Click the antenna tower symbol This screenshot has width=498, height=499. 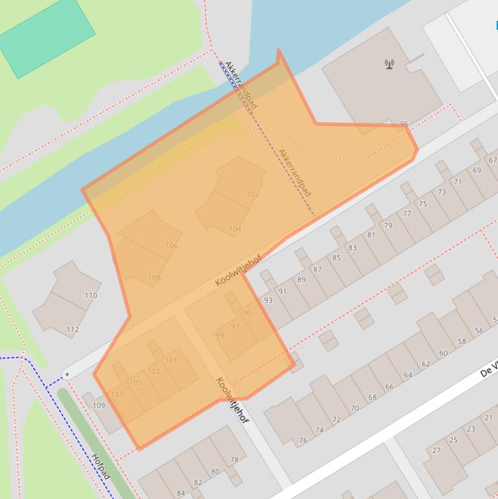click(x=389, y=64)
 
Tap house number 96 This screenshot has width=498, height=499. click(x=404, y=124)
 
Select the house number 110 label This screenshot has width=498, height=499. click(x=91, y=296)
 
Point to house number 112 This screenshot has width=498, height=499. click(x=73, y=330)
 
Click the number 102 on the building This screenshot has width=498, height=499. click(x=253, y=194)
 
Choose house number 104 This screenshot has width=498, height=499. click(x=235, y=229)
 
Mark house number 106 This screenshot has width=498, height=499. click(x=172, y=246)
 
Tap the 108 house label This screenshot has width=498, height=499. click(x=154, y=278)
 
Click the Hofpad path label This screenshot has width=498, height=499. click(x=101, y=467)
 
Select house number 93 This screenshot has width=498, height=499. click(x=268, y=301)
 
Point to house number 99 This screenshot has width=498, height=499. click(x=220, y=335)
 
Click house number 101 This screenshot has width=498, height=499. click(x=171, y=360)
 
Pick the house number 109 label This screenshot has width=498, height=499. click(x=98, y=406)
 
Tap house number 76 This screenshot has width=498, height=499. click(x=302, y=441)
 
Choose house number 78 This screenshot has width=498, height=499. click(x=234, y=459)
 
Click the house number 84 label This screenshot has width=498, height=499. click(x=181, y=493)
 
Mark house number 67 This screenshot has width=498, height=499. click(x=493, y=160)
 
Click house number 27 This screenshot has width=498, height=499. click(x=436, y=450)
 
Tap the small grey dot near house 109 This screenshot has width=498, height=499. click(x=67, y=375)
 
